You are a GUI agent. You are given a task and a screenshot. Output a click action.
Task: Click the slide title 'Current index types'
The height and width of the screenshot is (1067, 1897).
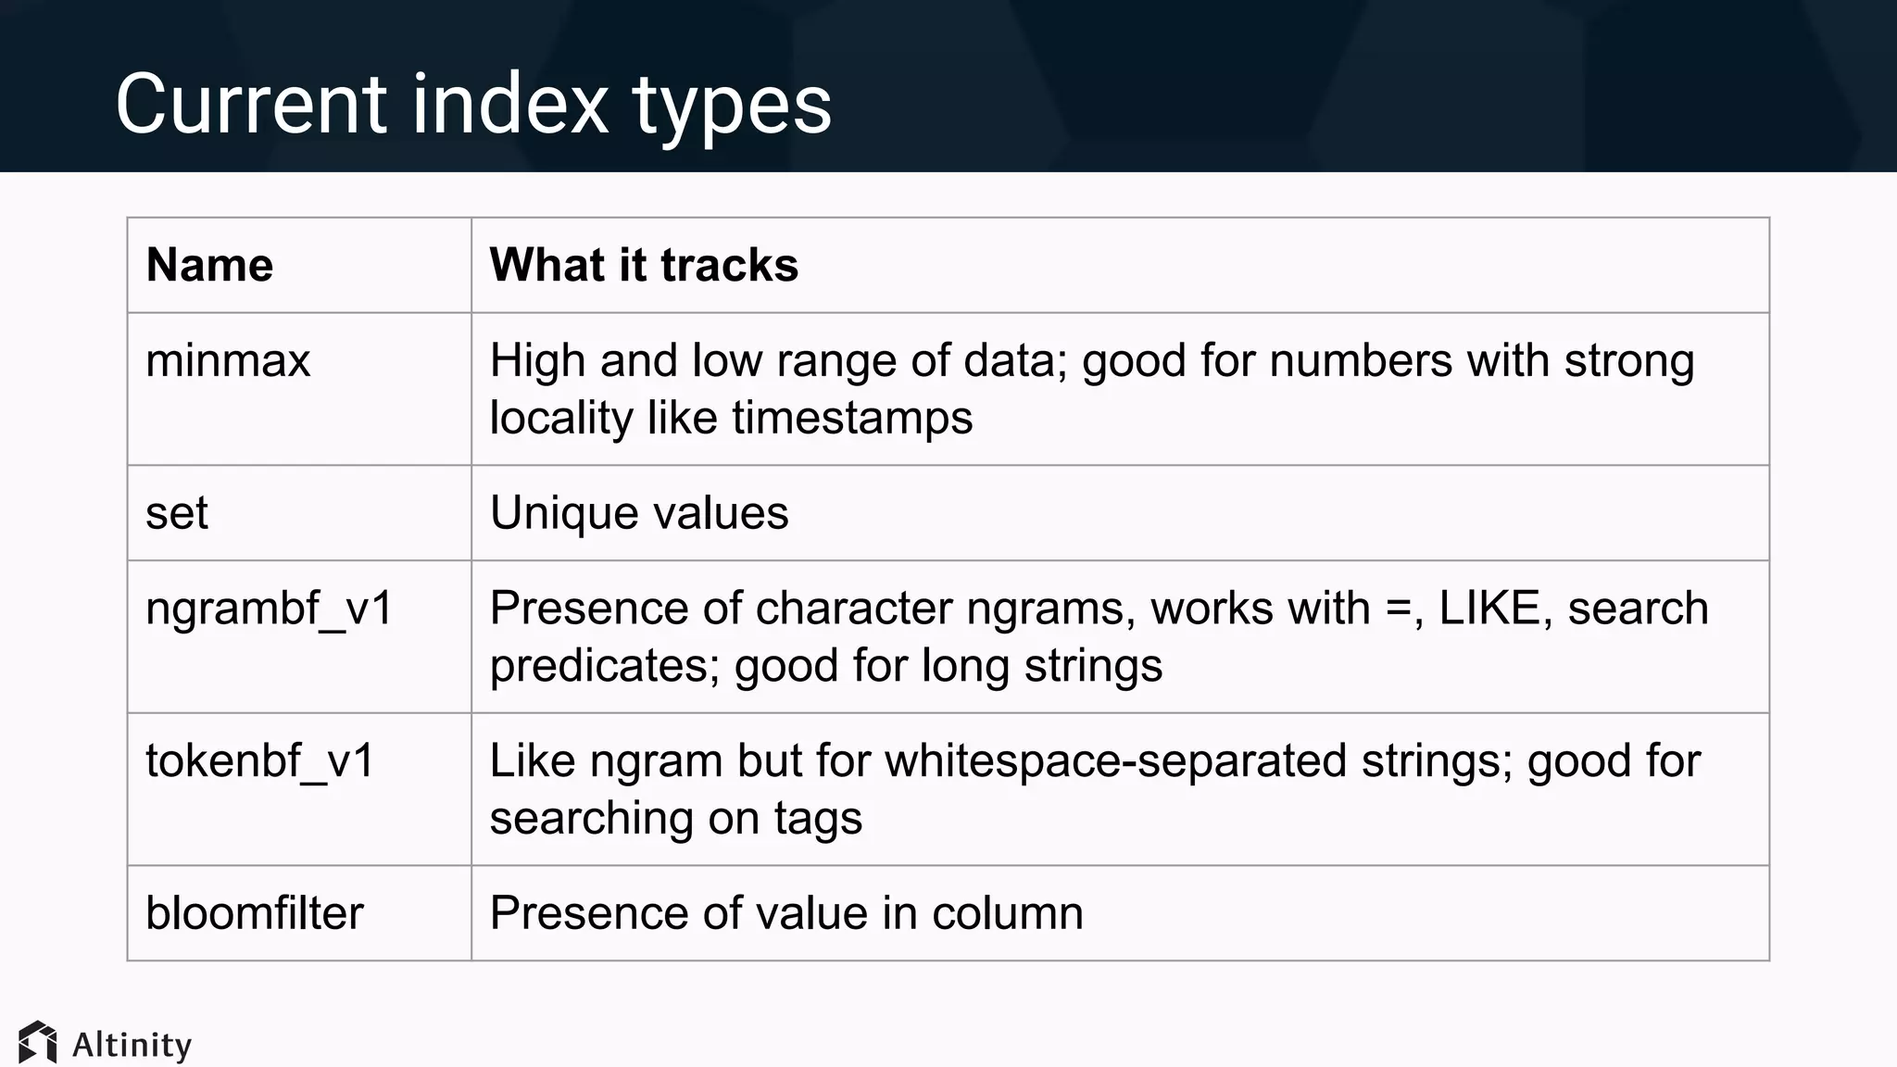[472, 104]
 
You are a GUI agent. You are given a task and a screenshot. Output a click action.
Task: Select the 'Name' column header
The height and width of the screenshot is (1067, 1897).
[209, 265]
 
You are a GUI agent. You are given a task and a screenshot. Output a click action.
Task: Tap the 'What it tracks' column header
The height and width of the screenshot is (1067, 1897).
[643, 265]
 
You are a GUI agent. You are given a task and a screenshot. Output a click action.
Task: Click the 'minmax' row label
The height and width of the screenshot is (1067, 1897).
[228, 360]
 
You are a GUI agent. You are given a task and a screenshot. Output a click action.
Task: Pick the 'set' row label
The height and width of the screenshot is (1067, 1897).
[177, 513]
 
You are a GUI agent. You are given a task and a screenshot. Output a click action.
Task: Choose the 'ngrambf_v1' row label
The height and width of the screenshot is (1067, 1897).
[270, 609]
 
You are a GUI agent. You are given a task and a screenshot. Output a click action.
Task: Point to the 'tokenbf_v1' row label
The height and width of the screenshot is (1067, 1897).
[259, 761]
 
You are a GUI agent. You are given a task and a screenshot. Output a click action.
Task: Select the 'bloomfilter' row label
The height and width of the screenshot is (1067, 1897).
[255, 913]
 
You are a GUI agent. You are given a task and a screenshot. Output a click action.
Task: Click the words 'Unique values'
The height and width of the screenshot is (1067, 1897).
[638, 513]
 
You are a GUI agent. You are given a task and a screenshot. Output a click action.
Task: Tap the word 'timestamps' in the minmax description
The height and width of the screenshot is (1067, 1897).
[852, 418]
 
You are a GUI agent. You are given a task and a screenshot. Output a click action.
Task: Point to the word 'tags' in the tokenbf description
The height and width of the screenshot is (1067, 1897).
[818, 820]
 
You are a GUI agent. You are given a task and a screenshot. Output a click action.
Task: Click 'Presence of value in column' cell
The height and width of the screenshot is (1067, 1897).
[785, 913]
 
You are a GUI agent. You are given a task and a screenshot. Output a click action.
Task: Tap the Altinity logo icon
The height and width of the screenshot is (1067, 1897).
[38, 1043]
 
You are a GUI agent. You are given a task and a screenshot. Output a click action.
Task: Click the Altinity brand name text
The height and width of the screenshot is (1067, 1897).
[132, 1045]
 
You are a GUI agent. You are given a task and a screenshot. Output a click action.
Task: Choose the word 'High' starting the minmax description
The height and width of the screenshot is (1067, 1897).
[537, 360]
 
